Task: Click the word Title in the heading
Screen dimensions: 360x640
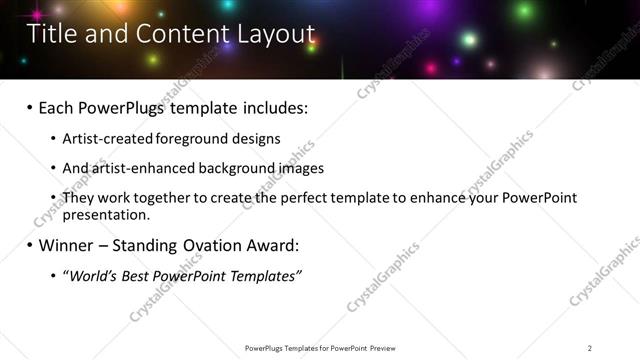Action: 49,35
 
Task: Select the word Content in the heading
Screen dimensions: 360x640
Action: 168,35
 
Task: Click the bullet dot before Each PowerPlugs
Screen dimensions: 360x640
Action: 31,107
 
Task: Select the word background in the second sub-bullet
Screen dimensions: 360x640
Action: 233,168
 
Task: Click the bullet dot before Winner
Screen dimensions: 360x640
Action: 31,245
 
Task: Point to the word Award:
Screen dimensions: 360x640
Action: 271,245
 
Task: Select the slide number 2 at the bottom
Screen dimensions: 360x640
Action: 590,348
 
